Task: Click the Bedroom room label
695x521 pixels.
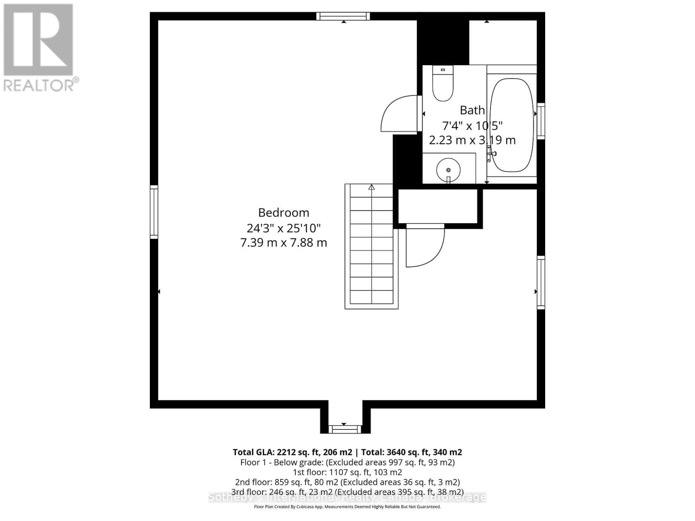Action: [284, 213]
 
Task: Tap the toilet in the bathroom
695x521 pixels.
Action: [443, 85]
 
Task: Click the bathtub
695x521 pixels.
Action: [511, 125]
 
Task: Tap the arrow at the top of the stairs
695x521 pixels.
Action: [371, 187]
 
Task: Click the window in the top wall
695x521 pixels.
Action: [343, 16]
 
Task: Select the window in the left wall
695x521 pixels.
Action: [154, 212]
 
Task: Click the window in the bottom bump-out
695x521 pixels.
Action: [344, 429]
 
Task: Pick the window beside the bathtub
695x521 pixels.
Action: [541, 121]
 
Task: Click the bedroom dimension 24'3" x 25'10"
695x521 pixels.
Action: [284, 228]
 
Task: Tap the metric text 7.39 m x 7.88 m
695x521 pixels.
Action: [284, 242]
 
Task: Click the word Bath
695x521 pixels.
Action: [472, 110]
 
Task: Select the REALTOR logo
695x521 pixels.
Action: [39, 48]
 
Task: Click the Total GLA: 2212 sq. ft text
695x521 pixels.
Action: [292, 452]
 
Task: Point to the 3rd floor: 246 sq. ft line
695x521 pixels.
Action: [347, 492]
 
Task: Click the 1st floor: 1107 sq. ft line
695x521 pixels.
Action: [347, 472]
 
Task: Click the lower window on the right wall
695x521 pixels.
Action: [541, 282]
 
